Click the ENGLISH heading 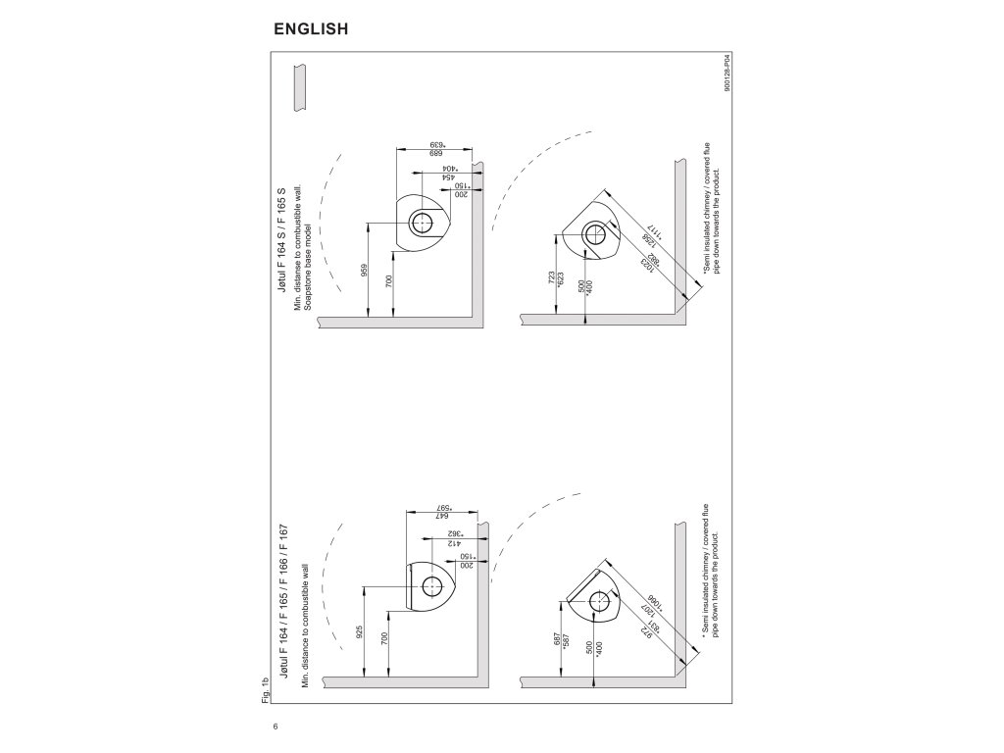311,28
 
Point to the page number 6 276,727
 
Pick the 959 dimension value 363,270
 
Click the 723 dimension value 552,277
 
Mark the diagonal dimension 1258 647,241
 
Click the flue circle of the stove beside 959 423,223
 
